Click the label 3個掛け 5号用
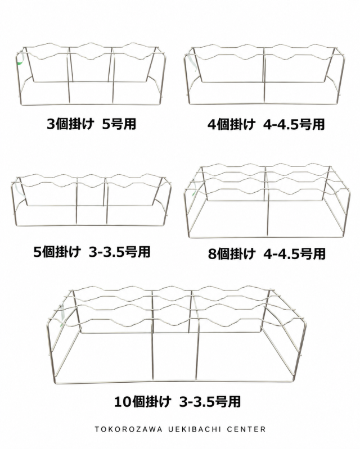coord(92,124)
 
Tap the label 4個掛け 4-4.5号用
coord(266,125)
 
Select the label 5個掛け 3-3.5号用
coord(92,252)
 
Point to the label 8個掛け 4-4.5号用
coord(267,253)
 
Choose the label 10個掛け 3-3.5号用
coord(177,401)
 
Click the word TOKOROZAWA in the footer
coord(128,429)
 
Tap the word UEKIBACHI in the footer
coord(195,429)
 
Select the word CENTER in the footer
coord(246,429)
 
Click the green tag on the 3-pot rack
coord(20,60)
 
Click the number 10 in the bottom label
coord(123,402)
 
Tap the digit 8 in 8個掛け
coord(212,254)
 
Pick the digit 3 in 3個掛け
coord(51,125)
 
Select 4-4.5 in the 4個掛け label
coord(282,125)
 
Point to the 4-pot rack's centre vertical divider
coord(264,75)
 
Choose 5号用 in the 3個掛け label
coord(119,124)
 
